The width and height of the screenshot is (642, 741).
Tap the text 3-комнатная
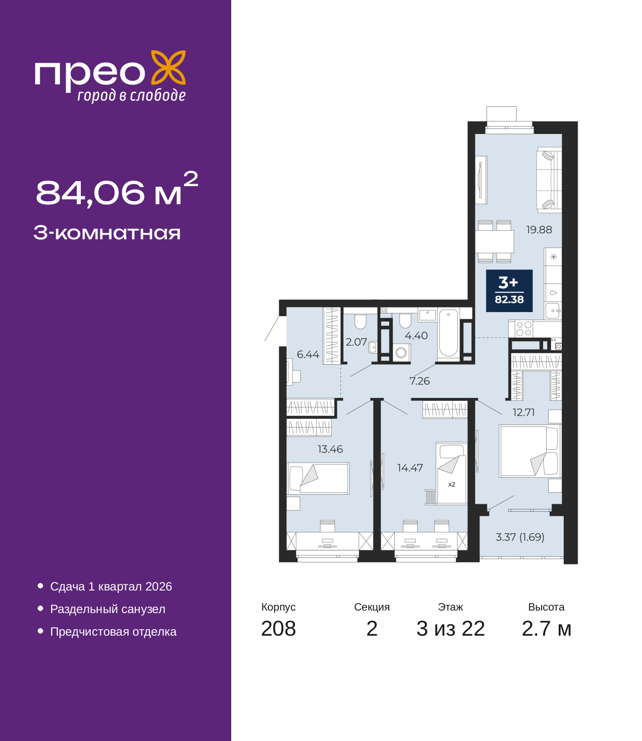[x=107, y=233]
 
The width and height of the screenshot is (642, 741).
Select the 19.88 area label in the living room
[x=539, y=230]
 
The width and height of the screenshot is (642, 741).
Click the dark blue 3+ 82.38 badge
[x=509, y=290]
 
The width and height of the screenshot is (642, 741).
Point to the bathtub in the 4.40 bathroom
[x=448, y=334]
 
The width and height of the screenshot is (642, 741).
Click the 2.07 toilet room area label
[x=356, y=342]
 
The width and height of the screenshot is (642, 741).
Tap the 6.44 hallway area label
[x=308, y=355]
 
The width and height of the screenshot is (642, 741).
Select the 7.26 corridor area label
[x=419, y=381]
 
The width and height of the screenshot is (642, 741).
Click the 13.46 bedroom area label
[x=330, y=450]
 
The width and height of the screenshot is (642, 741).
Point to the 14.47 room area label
[x=410, y=468]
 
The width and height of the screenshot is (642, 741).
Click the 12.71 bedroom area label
[x=523, y=412]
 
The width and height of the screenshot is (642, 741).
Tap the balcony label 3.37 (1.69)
[x=520, y=537]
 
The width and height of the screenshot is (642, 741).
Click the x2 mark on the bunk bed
[x=451, y=485]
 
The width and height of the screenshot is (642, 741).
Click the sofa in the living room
[x=549, y=179]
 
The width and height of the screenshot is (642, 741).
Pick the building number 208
[x=278, y=629]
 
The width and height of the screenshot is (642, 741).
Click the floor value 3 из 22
[x=450, y=629]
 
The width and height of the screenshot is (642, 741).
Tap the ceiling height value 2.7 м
[x=546, y=629]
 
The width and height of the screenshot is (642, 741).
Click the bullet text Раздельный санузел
[x=107, y=609]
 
